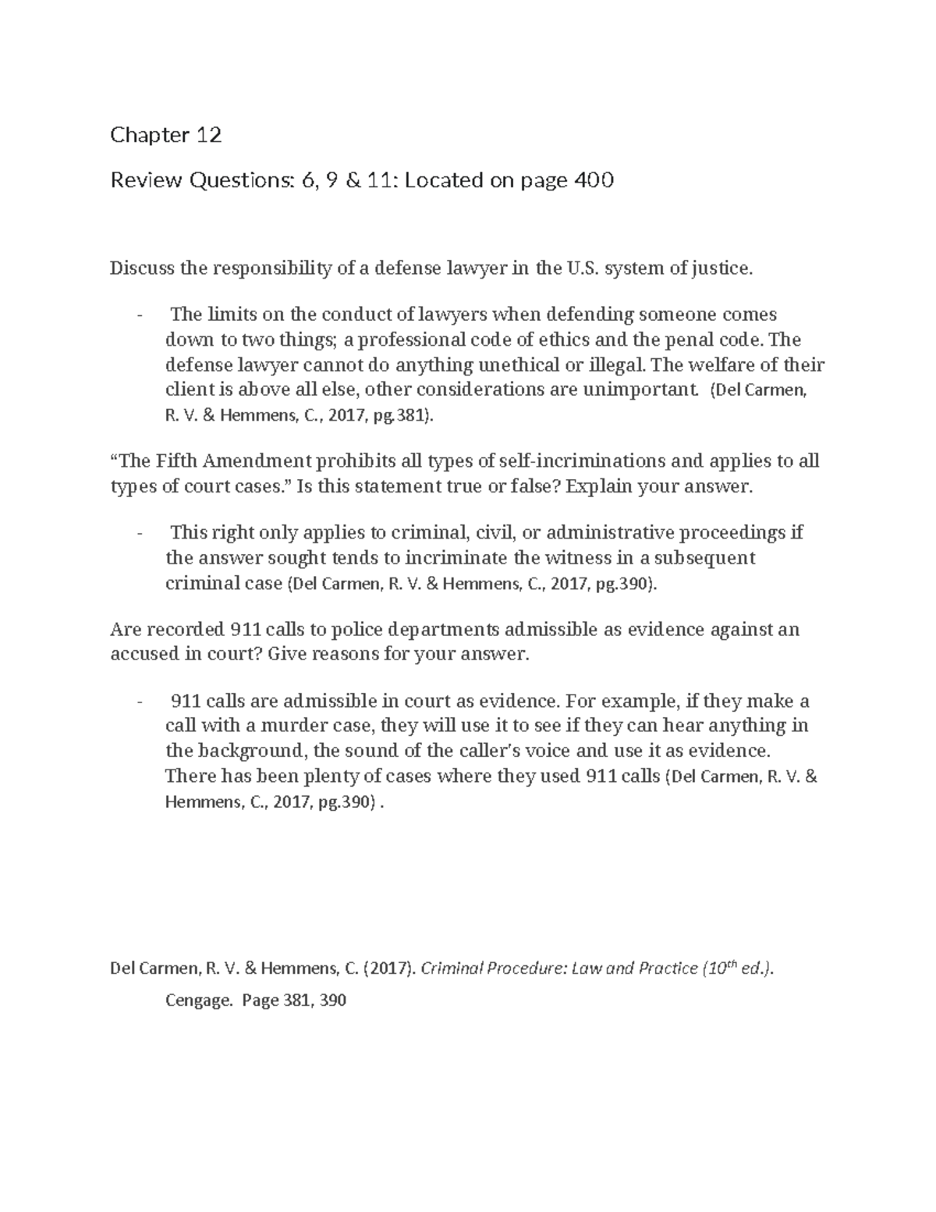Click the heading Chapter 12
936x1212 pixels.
pos(165,136)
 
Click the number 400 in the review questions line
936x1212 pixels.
pos(594,181)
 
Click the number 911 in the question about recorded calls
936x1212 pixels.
pos(247,629)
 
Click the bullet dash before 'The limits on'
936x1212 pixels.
pos(140,315)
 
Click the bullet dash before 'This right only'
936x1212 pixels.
pos(140,534)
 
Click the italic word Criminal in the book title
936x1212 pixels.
pos(450,969)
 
